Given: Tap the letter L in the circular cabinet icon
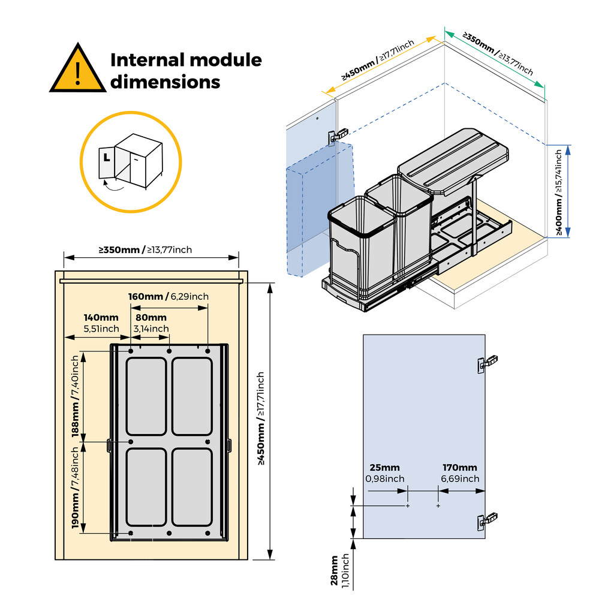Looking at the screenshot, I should coord(106,158).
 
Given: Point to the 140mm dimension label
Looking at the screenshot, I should coord(101,317).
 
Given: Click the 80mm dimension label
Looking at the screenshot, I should coord(151,317).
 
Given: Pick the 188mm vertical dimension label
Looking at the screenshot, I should coord(76,420).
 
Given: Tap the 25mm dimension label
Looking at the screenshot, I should coord(384,468).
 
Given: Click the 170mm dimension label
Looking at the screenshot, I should coord(460,468).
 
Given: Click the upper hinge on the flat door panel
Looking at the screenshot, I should coord(487,363).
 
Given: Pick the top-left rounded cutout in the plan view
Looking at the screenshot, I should coord(146,396).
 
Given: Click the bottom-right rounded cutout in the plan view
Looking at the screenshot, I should coord(192,486).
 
